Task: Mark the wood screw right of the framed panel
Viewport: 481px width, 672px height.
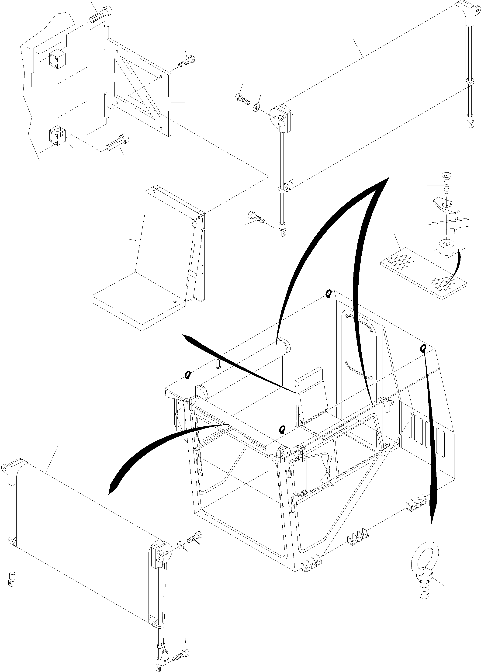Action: pos(185,62)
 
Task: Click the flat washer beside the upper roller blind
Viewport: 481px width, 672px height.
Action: pos(256,107)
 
